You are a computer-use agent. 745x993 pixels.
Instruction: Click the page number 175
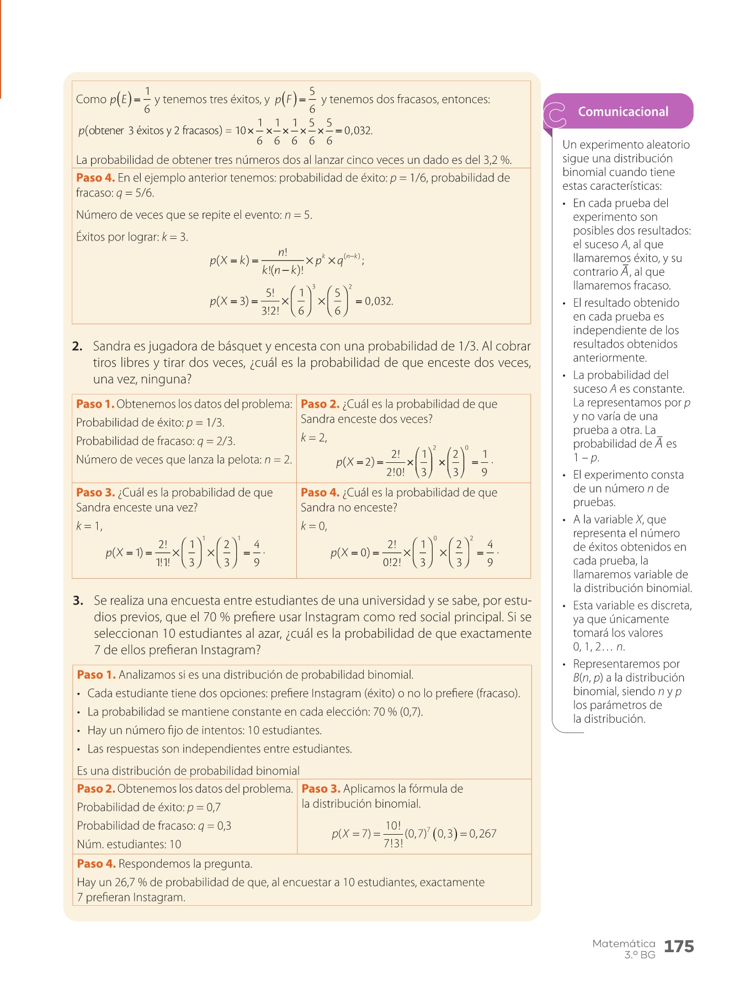coord(678,947)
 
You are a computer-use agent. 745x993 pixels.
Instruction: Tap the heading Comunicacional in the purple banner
coord(623,111)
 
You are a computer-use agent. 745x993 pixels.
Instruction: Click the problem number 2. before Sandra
coord(77,346)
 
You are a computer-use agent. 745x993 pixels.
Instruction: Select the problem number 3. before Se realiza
coord(78,600)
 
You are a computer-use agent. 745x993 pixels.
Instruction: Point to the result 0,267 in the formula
coord(483,834)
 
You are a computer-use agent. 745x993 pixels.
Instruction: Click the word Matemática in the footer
coord(624,943)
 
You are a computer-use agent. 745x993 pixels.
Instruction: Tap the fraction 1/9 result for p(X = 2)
coord(484,463)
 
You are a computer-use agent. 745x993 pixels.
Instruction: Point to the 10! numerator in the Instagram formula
coord(393,826)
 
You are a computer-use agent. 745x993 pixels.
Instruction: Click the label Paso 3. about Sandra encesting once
coord(95,493)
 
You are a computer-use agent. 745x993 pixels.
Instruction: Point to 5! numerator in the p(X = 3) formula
coord(270,293)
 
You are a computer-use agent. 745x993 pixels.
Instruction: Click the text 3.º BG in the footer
coord(640,955)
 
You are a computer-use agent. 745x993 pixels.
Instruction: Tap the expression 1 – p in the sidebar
coord(586,458)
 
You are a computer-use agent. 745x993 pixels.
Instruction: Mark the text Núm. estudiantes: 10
coord(129,844)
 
